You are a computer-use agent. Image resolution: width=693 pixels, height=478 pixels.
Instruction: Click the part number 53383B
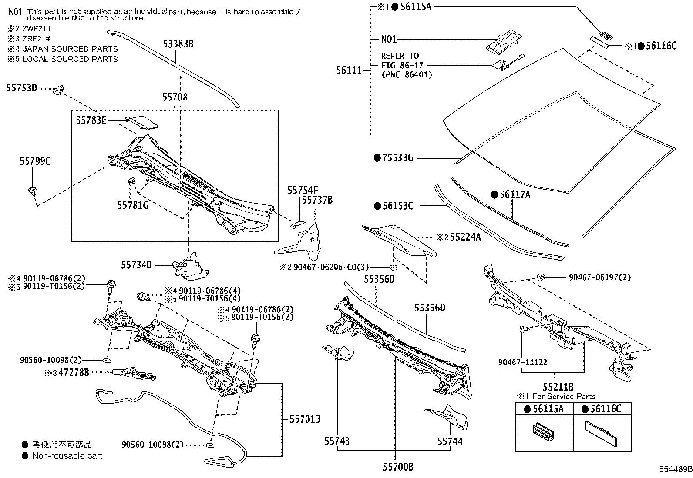pos(178,44)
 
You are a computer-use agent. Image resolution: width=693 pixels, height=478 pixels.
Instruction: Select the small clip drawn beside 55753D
pos(58,90)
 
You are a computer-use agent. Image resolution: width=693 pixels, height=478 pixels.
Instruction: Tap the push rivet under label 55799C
pos(32,191)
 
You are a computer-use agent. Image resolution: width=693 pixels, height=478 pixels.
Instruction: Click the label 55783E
pos(91,120)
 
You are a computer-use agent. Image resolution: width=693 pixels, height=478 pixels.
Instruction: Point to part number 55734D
pos(136,264)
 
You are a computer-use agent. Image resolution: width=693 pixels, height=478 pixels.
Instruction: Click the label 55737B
pos(317,200)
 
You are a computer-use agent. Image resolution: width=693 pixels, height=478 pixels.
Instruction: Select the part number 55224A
pos(465,237)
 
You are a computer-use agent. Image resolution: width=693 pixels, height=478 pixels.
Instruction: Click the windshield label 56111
pos(349,70)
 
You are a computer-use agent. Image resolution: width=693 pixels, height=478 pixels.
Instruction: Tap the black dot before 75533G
pos(377,158)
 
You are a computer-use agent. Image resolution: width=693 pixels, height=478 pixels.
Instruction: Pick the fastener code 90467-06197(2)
pos(599,277)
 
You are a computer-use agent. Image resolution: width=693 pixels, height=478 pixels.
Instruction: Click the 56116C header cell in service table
pos(602,409)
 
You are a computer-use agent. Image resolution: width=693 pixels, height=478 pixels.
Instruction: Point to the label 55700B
pos(398,467)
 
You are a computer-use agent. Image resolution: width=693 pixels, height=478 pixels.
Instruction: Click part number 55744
pos(450,441)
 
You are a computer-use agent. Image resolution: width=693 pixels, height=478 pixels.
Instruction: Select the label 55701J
pos(304,419)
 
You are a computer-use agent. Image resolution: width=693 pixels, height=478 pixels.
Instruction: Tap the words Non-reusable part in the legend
pos(67,456)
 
